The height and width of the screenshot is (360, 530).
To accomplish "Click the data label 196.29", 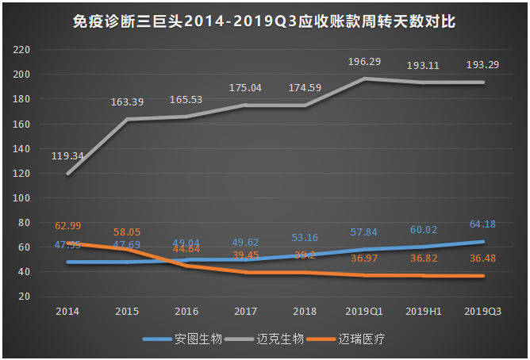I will (366, 61).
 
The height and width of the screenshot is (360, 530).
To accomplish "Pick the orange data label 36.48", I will (483, 259).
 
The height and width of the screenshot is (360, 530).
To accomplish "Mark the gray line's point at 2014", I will (67, 174).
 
